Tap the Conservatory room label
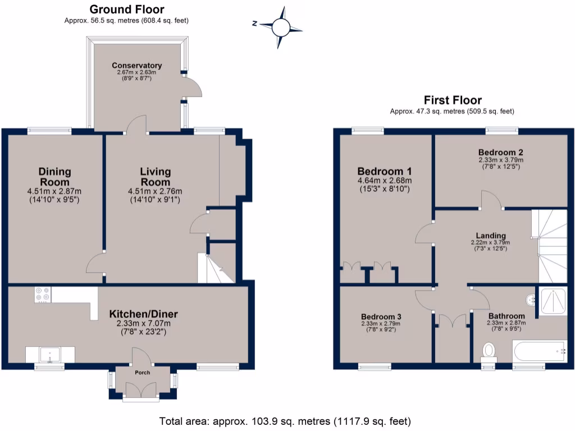click(136, 66)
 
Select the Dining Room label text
click(55, 176)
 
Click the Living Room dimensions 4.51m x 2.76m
click(155, 191)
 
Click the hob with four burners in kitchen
click(43, 295)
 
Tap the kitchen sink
click(50, 355)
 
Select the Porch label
click(142, 373)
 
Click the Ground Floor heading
click(126, 10)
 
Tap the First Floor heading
click(452, 100)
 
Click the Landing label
click(491, 236)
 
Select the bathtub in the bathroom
click(539, 351)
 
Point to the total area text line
click(285, 421)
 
